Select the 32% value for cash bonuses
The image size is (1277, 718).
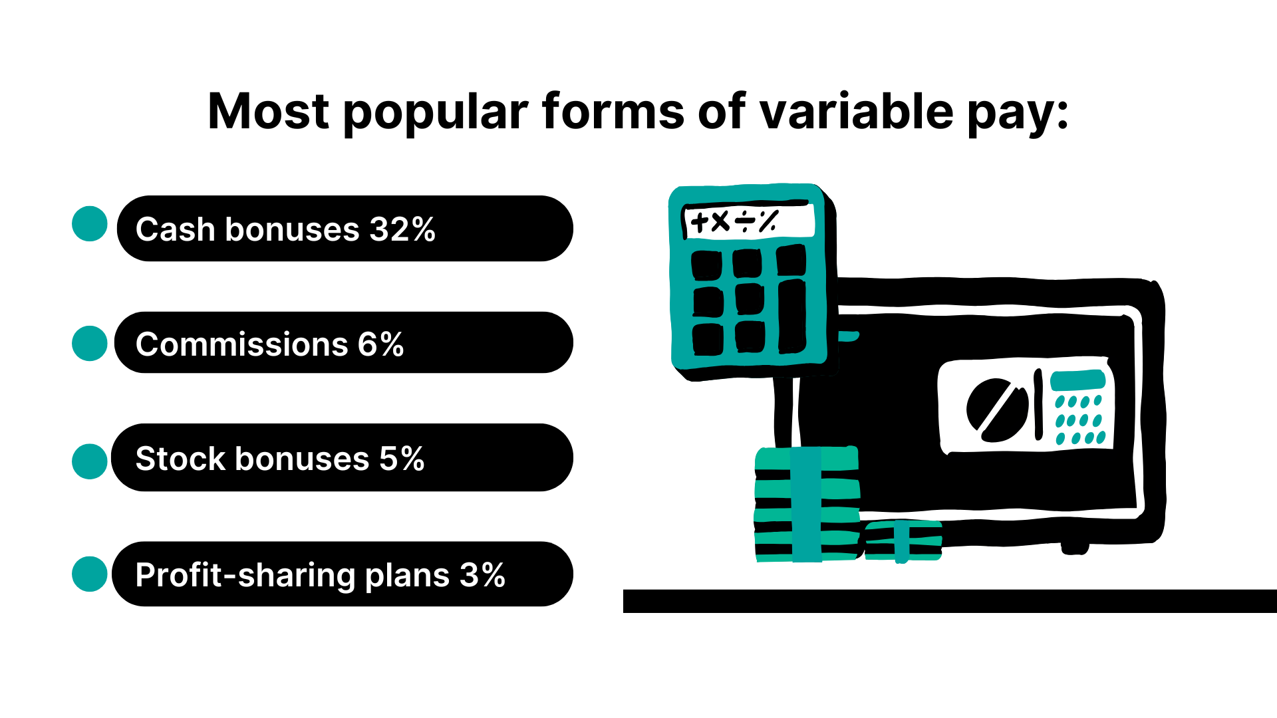pyautogui.click(x=402, y=229)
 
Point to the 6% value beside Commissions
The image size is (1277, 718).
pyautogui.click(x=380, y=344)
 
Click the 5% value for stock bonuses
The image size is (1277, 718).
pyautogui.click(x=402, y=459)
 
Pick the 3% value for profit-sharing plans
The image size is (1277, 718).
pyautogui.click(x=482, y=575)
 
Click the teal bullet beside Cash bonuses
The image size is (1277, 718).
pyautogui.click(x=90, y=224)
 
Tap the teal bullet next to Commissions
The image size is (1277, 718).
pyautogui.click(x=90, y=344)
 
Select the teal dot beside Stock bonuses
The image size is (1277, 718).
pyautogui.click(x=90, y=461)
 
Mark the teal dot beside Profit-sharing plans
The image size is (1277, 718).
pyautogui.click(x=90, y=574)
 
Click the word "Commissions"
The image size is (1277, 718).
pyautogui.click(x=242, y=344)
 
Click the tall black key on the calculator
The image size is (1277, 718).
pyautogui.click(x=792, y=316)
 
